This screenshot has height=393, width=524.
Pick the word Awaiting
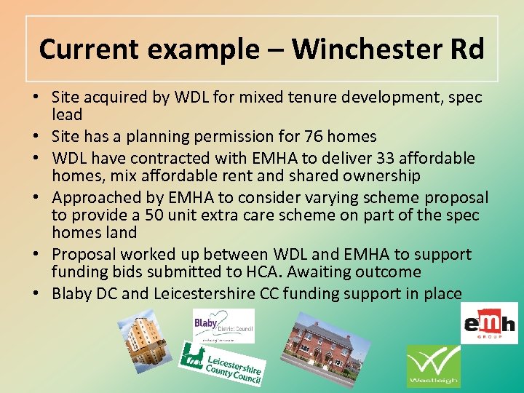coord(319,272)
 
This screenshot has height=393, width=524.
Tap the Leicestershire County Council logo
coord(221,365)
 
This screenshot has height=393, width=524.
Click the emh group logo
coord(489,323)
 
